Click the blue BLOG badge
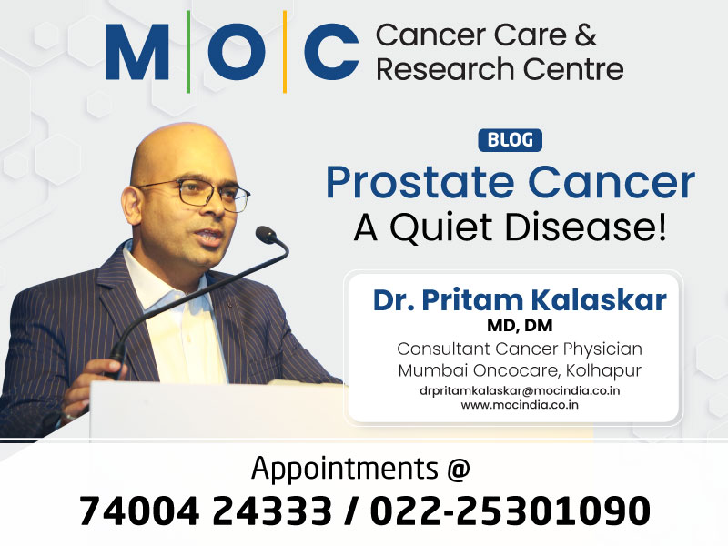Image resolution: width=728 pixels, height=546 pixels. (510, 141)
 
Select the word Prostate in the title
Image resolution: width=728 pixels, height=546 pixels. (426, 182)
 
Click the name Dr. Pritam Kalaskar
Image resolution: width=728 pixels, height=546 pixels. (520, 300)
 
